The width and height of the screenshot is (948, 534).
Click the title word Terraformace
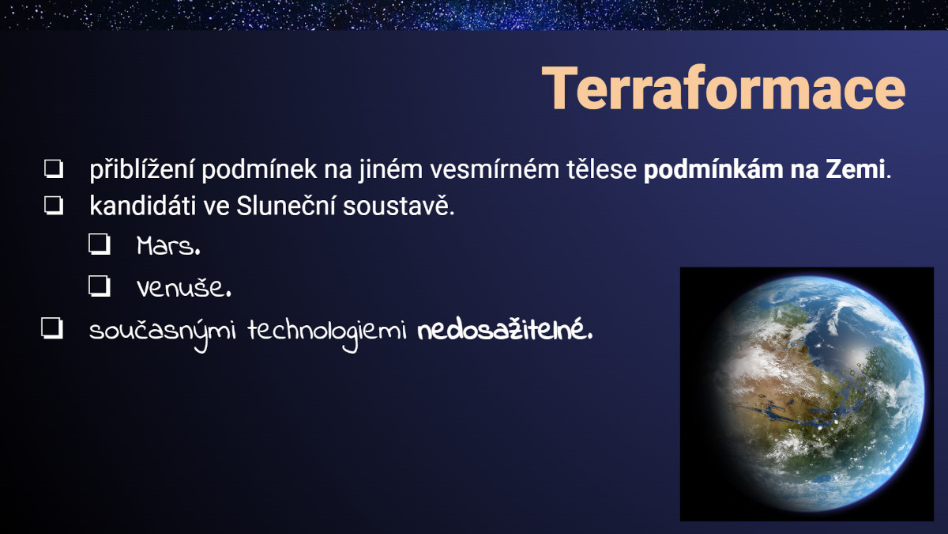(724, 88)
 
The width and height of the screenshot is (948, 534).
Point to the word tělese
(601, 169)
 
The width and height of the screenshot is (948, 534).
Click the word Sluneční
(286, 206)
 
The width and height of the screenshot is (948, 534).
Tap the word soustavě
(398, 206)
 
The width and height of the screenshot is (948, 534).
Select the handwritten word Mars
(168, 246)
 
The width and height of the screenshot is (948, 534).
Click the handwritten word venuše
(183, 288)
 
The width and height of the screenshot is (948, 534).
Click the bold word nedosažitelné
(505, 331)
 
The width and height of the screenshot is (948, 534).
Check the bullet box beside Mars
(100, 244)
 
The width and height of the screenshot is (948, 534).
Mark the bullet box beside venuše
(100, 286)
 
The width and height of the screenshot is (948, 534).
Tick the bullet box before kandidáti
(54, 206)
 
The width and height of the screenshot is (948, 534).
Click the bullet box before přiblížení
(54, 169)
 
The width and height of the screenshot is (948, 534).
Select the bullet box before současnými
(52, 329)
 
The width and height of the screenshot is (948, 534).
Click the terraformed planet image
(807, 394)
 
